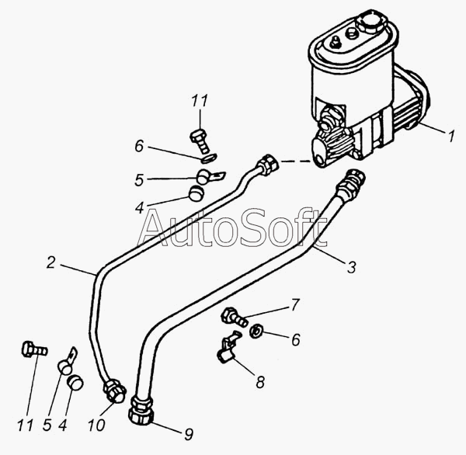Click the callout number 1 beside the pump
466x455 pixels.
coord(451,136)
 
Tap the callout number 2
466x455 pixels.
coord(51,262)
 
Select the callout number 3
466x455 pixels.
coord(352,267)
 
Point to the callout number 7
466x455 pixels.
coord(294,305)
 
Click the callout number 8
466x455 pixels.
coord(260,382)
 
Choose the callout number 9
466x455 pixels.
coord(189,435)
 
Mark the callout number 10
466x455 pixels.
coord(96,425)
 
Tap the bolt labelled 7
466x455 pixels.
coord(234,318)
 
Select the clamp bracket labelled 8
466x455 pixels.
coord(228,348)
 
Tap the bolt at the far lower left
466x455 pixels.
coord(34,349)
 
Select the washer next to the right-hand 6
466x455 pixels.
coord(256,330)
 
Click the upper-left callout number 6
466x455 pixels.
coord(139,146)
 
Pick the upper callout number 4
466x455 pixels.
coord(139,208)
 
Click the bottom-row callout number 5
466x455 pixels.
coord(47,425)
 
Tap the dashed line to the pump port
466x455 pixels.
coord(296,162)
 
